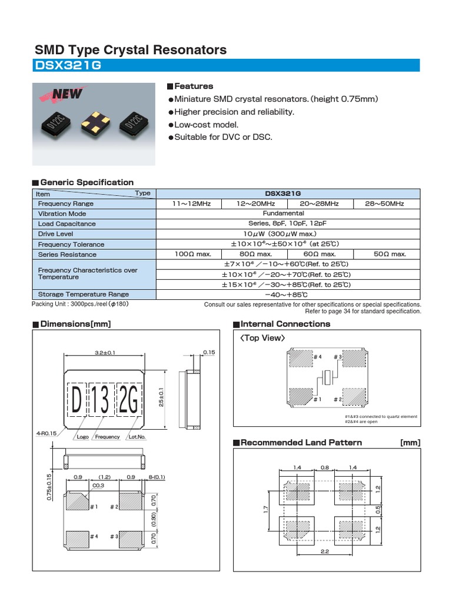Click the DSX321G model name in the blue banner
[68, 66]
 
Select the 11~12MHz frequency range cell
[188, 203]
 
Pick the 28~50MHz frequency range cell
[387, 203]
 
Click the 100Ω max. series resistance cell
[188, 254]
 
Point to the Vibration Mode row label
[62, 213]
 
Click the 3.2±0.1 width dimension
[105, 353]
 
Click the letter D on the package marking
[76, 401]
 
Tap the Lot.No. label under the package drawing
[137, 437]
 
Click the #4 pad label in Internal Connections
[318, 357]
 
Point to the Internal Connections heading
[285, 324]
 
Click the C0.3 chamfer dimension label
[98, 485]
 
